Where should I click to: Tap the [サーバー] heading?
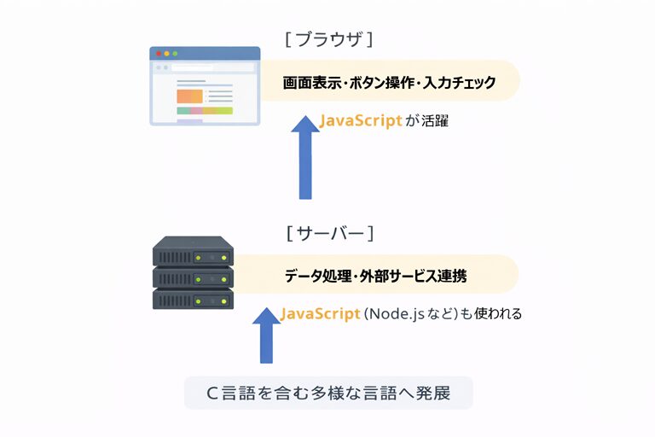(x=329, y=233)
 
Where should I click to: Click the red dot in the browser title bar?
(x=158, y=54)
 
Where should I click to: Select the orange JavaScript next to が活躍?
(x=361, y=121)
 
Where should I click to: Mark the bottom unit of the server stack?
(x=193, y=299)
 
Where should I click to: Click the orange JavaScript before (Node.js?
(x=320, y=314)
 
